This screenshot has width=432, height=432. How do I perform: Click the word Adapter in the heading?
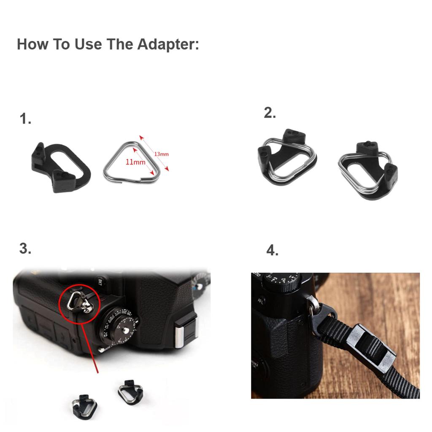pyautogui.click(x=168, y=44)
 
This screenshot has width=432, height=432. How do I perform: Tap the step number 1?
pyautogui.click(x=25, y=119)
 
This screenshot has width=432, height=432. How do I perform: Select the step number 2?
pyautogui.click(x=270, y=113)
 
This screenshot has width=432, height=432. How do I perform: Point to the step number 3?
pyautogui.click(x=25, y=248)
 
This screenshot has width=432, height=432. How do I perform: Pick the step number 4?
pyautogui.click(x=273, y=251)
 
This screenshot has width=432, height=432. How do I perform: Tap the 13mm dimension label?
pyautogui.click(x=161, y=154)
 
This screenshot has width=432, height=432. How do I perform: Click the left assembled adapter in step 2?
pyautogui.click(x=287, y=158)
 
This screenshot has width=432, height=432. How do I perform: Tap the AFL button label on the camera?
pyautogui.click(x=261, y=301)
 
